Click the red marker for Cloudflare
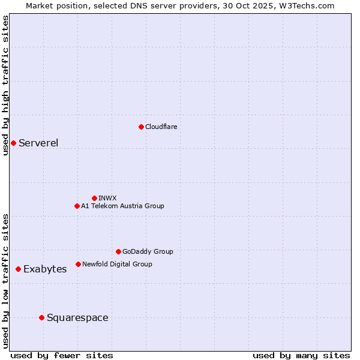coord(141,127)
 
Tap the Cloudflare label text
coord(161,127)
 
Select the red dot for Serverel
coord(13,143)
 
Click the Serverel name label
coord(38,143)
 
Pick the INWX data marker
coord(94,198)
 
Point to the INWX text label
coord(107,198)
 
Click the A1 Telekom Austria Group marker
coord(77,206)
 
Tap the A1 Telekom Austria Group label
coord(122,206)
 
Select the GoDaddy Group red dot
coord(118,251)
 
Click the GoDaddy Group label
coord(148,251)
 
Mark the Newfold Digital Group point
coord(78,264)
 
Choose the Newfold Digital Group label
coord(117,264)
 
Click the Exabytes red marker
coord(18,269)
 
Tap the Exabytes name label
coord(45,269)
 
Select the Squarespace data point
coord(41,317)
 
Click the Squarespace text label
coord(77,318)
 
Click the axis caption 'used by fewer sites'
coord(62,355)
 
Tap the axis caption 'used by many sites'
coord(301,355)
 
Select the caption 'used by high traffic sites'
coord(5,85)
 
